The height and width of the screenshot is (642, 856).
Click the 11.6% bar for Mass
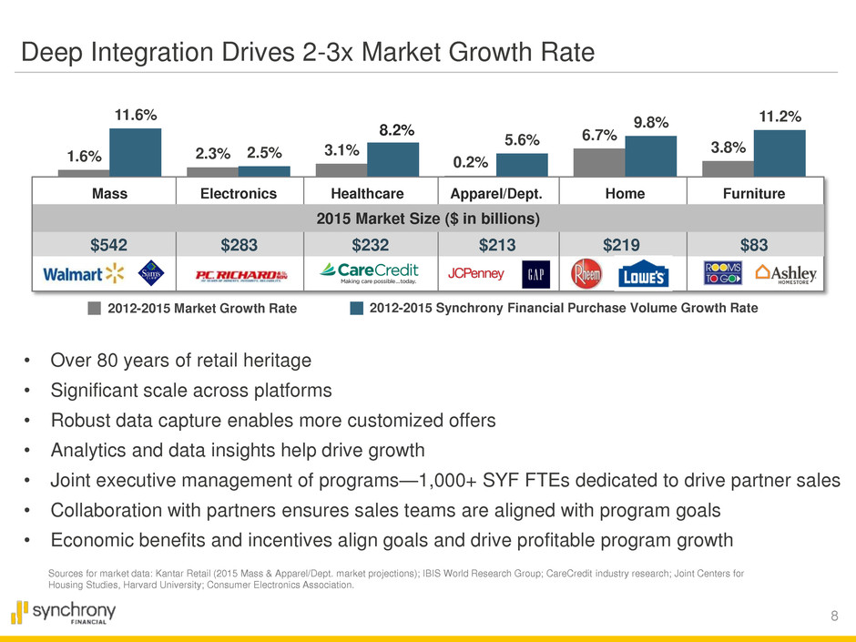tap(135, 151)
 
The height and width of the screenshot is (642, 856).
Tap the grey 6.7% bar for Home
tap(599, 162)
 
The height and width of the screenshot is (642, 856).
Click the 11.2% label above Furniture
tap(780, 117)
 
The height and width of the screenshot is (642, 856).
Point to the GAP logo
tap(535, 274)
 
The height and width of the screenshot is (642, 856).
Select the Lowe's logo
tap(645, 275)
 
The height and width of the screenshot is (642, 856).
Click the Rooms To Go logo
tap(725, 274)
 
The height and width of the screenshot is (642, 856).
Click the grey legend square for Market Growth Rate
tap(94, 308)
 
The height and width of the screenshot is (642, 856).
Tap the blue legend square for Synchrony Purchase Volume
tap(357, 308)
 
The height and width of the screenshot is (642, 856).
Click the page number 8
tap(835, 617)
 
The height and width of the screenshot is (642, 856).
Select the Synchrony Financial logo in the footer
tap(64, 613)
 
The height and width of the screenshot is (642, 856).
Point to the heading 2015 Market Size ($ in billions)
tap(427, 219)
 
